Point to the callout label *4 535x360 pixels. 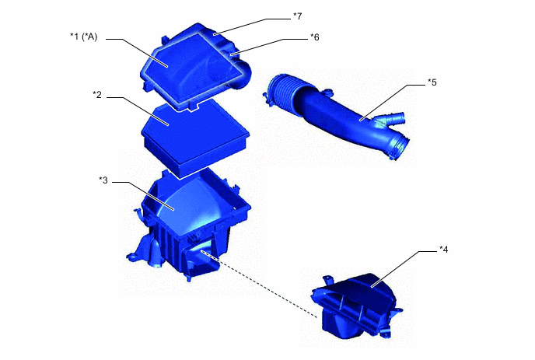point(443,250)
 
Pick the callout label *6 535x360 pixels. point(315,37)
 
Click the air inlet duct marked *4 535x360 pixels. point(354,307)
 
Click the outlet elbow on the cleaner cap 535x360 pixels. point(243,76)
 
